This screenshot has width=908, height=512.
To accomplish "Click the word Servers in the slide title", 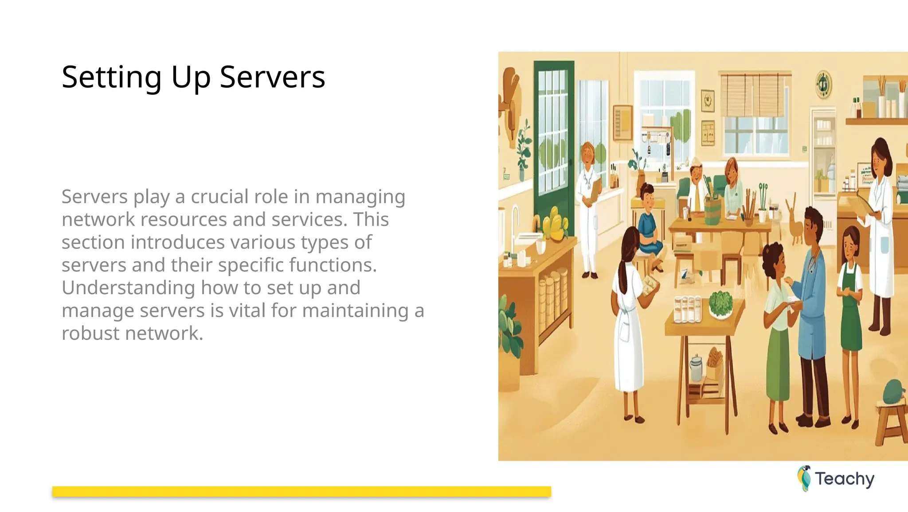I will click(272, 77).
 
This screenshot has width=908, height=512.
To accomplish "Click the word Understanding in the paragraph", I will click(128, 288).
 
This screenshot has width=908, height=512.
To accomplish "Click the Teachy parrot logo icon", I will click(804, 478).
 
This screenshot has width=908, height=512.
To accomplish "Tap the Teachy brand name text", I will click(844, 479).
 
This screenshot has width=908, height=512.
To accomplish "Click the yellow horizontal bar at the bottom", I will click(301, 491).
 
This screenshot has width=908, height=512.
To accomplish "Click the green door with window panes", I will click(553, 146).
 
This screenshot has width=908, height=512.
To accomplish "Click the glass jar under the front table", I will click(696, 368).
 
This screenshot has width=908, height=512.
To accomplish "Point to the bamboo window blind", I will click(755, 95).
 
